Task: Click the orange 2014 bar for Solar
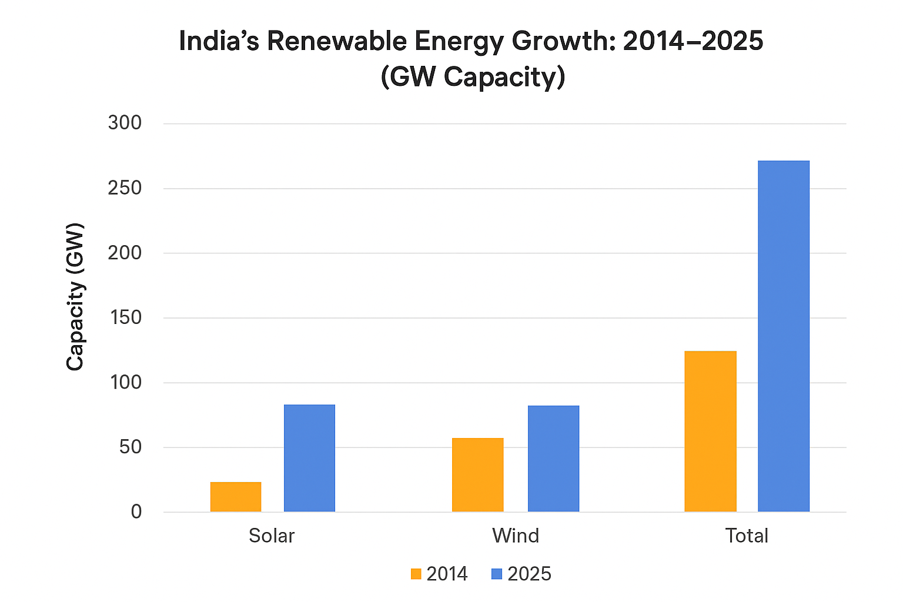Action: click(236, 497)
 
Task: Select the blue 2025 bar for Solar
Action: click(309, 458)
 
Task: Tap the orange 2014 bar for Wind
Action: click(477, 474)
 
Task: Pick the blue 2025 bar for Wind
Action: click(553, 459)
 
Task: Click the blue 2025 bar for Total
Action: click(783, 336)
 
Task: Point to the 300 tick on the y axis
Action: click(125, 123)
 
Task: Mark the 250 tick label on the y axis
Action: click(125, 188)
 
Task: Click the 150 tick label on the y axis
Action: click(125, 317)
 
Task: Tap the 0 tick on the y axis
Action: click(136, 512)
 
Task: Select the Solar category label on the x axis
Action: click(272, 536)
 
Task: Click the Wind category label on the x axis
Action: click(516, 536)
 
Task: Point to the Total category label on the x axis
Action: click(747, 536)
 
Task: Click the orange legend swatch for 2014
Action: click(416, 574)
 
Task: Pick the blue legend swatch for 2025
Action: click(497, 574)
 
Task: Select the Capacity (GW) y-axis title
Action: click(75, 297)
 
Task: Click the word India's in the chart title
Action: click(219, 42)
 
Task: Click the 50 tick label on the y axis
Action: click(131, 447)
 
